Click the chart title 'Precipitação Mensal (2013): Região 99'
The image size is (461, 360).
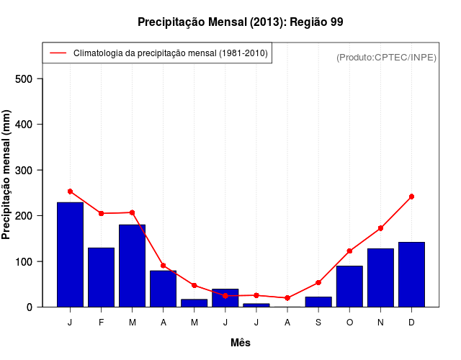click(x=240, y=22)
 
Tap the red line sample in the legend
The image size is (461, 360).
click(x=58, y=53)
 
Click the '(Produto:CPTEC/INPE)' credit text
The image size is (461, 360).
click(x=386, y=57)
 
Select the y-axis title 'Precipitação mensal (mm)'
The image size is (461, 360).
click(x=7, y=174)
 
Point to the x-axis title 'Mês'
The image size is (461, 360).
click(x=241, y=343)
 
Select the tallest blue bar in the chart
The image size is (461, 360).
click(x=70, y=255)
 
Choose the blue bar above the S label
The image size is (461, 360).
click(x=318, y=302)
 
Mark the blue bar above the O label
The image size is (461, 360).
click(x=349, y=287)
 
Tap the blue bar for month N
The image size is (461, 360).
click(x=380, y=278)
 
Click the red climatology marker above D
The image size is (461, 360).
click(x=411, y=197)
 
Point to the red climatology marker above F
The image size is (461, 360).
click(x=101, y=213)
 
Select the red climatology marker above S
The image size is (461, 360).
click(x=318, y=282)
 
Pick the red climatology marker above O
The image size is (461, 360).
click(x=349, y=251)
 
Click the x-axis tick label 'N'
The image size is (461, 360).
click(x=380, y=323)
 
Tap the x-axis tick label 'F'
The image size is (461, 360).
click(x=101, y=323)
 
